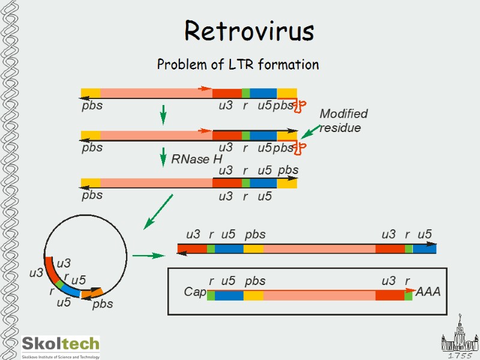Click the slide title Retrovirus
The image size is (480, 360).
coord(249,31)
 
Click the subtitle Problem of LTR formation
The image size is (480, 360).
coord(238,64)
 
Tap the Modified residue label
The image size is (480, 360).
coord(343,121)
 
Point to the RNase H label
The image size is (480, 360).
coord(197,160)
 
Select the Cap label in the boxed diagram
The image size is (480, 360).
coord(195,292)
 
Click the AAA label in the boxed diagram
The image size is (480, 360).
coord(428,292)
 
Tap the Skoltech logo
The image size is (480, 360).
coord(61,344)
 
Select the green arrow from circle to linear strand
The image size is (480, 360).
coord(148,256)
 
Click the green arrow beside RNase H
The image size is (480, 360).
coord(163,158)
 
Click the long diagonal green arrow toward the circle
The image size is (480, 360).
coord(158,211)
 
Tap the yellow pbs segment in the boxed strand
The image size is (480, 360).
coord(253,295)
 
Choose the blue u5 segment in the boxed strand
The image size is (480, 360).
coord(229,295)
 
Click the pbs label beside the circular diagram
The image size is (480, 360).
coord(103,304)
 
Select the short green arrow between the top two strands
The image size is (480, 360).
coord(163,115)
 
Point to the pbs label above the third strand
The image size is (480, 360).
coord(288,170)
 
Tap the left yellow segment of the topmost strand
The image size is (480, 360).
coord(91,93)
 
